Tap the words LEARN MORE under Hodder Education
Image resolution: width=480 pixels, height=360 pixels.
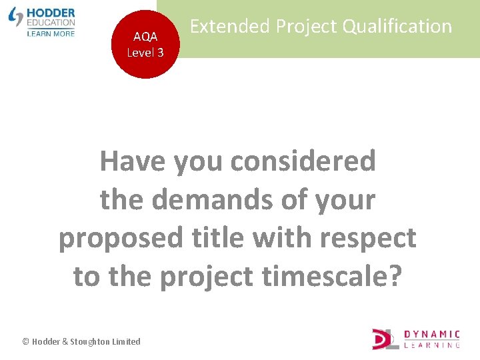coord(51,33)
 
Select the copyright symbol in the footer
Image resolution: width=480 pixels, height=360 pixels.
coord(25,341)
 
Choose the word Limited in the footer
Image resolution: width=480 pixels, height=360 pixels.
coord(127,341)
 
